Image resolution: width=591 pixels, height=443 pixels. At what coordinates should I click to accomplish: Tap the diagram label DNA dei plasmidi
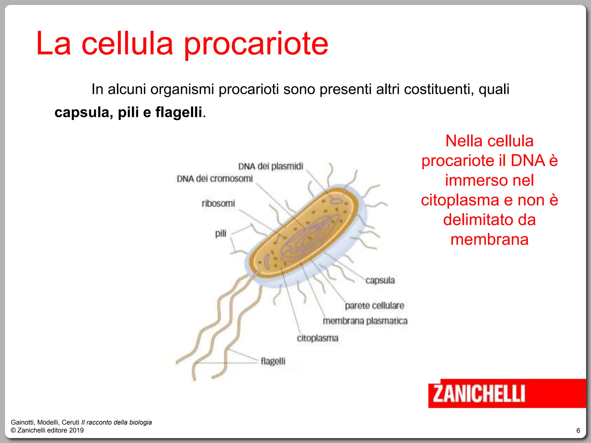click(271, 166)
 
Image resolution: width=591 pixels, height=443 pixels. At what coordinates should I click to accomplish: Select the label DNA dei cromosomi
click(215, 179)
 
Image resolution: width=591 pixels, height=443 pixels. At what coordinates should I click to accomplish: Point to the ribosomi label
click(218, 204)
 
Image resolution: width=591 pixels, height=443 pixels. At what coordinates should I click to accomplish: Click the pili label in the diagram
click(221, 233)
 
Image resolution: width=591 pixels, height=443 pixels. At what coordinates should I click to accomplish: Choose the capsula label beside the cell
click(380, 280)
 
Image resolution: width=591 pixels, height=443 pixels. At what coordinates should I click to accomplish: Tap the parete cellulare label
click(375, 306)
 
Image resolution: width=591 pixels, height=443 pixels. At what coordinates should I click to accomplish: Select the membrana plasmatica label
click(365, 321)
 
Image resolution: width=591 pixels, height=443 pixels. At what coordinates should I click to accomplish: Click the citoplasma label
click(317, 338)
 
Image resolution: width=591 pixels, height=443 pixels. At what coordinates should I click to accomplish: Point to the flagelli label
click(273, 361)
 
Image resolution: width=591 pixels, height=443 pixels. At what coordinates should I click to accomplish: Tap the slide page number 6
click(578, 431)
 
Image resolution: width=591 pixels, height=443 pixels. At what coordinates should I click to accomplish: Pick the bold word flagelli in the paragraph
click(179, 112)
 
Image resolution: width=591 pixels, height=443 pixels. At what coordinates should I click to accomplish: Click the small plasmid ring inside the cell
click(336, 200)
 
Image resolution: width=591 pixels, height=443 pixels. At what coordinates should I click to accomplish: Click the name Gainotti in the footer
click(23, 422)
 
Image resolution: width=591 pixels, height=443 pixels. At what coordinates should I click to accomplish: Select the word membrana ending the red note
click(489, 239)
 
